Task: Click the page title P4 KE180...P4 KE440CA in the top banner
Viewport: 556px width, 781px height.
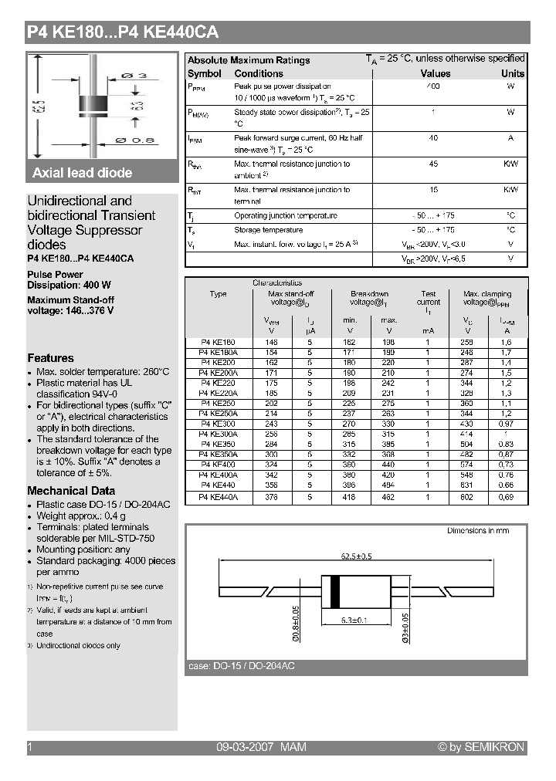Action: coord(123,32)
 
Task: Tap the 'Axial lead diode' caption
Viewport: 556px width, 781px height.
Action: coord(83,173)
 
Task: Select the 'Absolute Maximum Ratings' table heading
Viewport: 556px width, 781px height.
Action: coord(249,60)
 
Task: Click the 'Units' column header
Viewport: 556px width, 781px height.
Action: coord(512,73)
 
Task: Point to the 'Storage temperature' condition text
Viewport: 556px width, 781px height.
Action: coord(268,230)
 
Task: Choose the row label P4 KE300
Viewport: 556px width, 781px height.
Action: coord(218,424)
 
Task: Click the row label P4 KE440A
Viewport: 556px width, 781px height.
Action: coord(218,499)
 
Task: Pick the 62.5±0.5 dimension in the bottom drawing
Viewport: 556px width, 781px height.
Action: coord(356,556)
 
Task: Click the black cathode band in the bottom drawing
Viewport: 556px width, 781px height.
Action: coord(335,592)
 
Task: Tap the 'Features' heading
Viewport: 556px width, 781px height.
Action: coord(51,358)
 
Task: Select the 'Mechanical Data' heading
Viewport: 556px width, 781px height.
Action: coord(71,491)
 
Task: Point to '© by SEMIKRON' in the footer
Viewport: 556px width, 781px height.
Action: coord(480,747)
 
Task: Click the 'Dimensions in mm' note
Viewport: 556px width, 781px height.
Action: coord(478,531)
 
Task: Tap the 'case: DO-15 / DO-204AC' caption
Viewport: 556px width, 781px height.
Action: coord(242,666)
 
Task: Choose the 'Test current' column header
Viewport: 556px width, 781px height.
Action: coord(429,298)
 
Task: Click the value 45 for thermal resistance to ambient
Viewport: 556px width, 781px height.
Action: coord(433,164)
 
